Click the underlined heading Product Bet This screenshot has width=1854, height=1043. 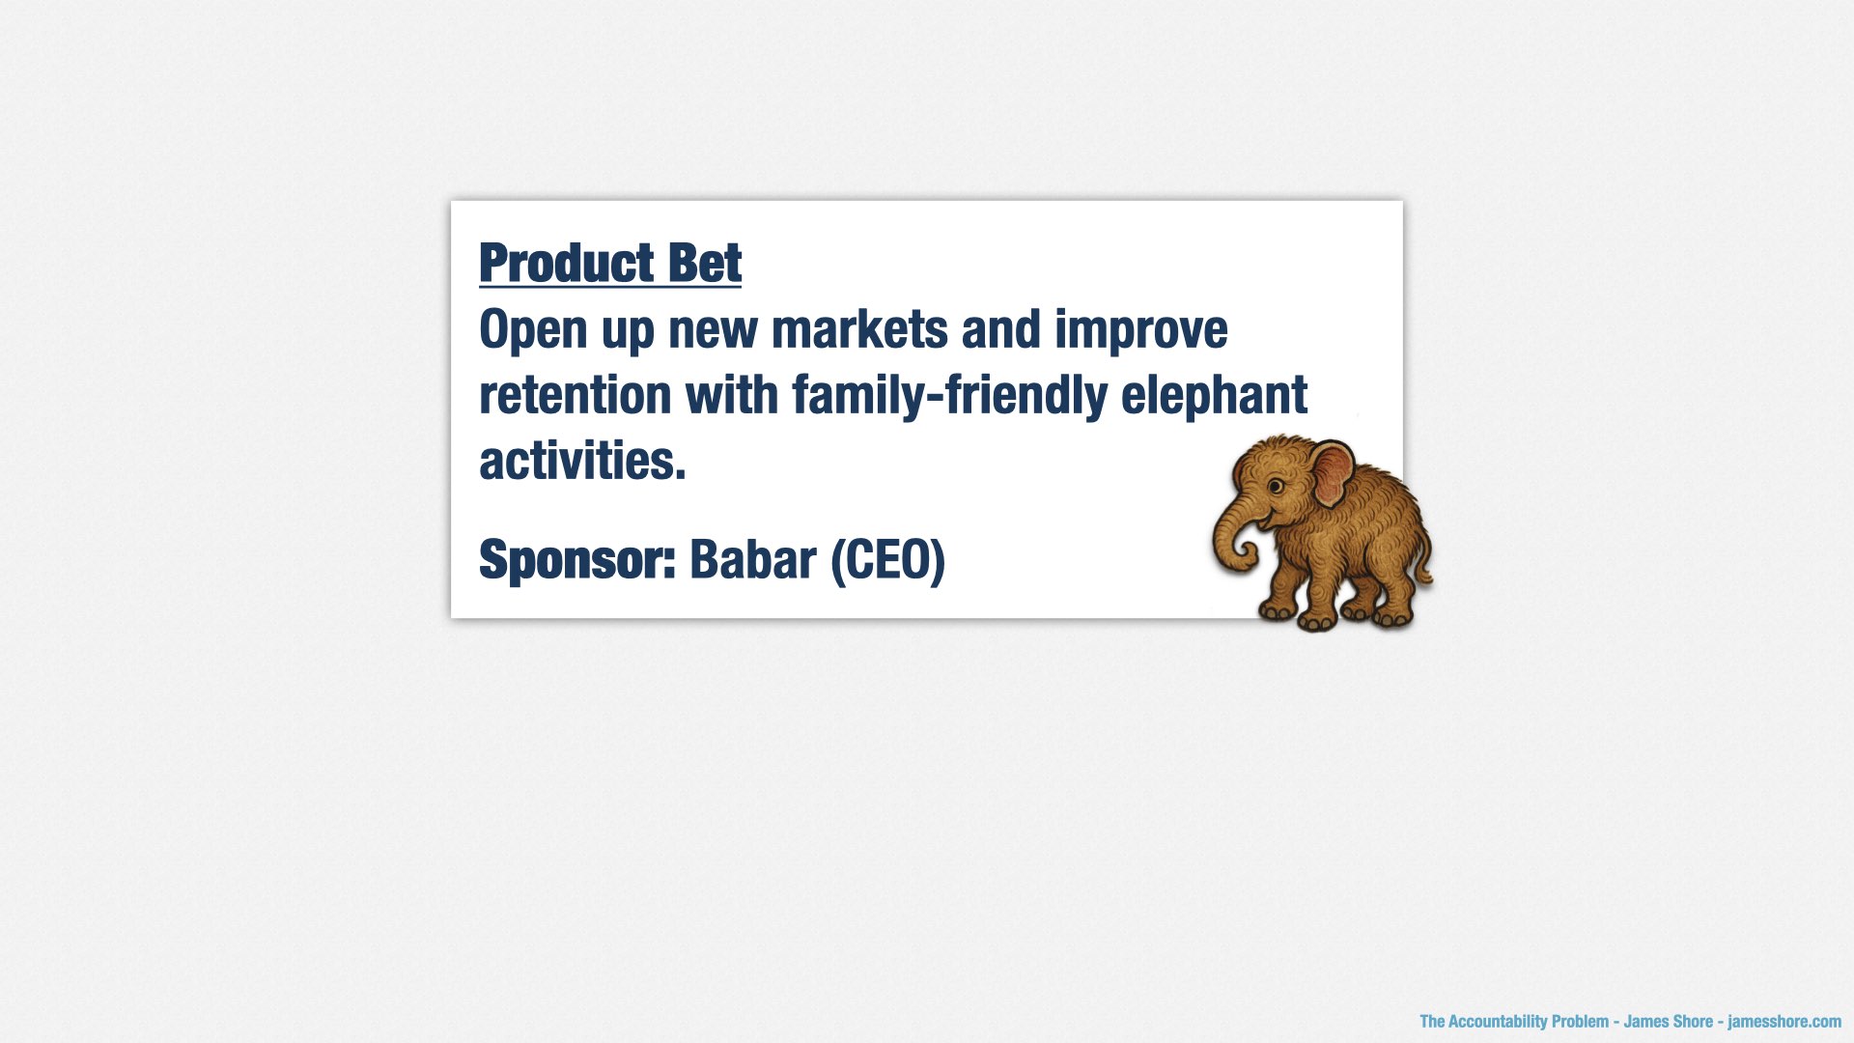click(x=610, y=263)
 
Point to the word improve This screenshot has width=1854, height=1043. click(x=1140, y=331)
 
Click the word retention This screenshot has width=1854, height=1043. click(x=576, y=395)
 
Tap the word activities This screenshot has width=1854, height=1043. click(x=582, y=461)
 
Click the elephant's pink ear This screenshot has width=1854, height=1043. click(x=1333, y=473)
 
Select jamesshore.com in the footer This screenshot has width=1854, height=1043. click(x=1784, y=1022)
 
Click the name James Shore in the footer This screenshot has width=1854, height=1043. click(x=1669, y=1022)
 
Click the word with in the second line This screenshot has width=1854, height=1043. click(x=732, y=395)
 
